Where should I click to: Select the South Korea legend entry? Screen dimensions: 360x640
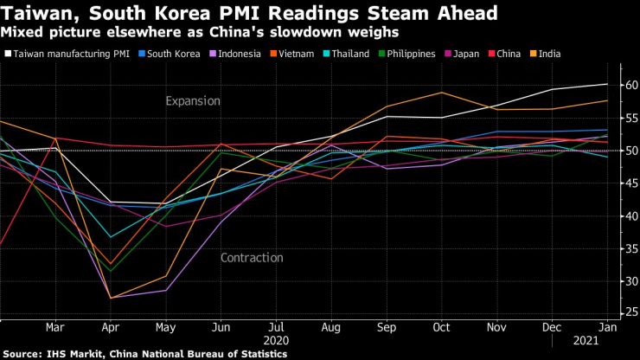click(x=172, y=54)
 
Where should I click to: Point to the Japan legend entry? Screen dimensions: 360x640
click(x=468, y=54)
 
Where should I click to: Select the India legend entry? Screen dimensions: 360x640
click(x=548, y=54)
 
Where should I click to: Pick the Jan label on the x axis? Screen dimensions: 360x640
click(x=606, y=329)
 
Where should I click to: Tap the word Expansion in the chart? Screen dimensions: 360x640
click(x=194, y=101)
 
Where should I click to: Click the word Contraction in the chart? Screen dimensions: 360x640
click(x=252, y=257)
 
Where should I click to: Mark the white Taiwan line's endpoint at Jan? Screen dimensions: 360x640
click(x=606, y=84)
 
